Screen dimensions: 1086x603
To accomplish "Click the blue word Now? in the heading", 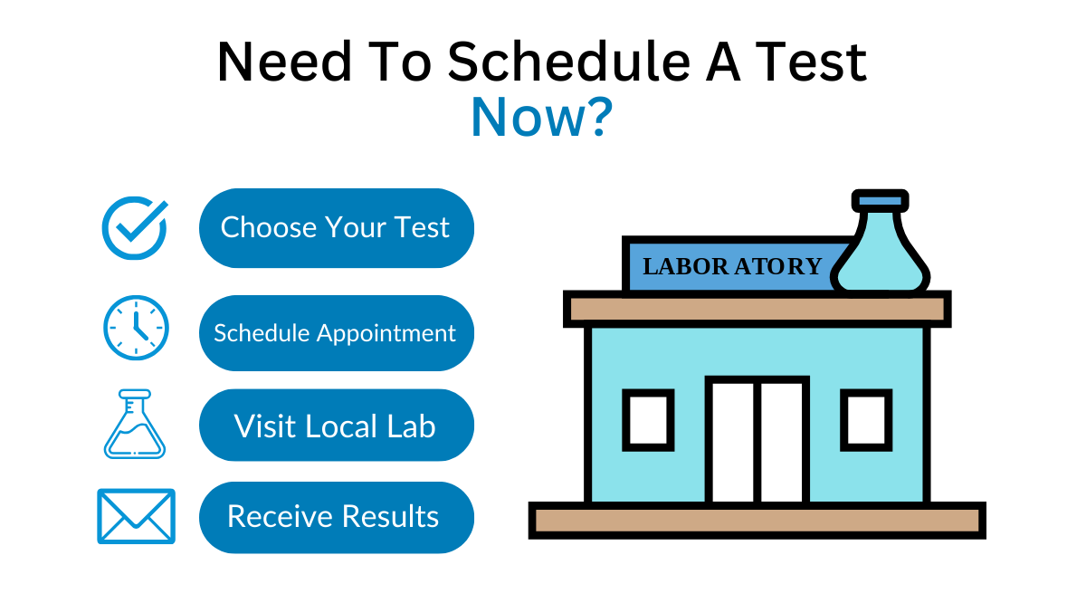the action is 542,117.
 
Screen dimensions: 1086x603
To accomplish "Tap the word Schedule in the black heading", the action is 568,62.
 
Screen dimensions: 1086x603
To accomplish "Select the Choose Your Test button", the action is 337,227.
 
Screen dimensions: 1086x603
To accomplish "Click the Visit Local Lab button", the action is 337,425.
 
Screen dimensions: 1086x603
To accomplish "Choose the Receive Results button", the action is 337,517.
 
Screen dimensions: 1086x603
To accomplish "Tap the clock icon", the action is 137,328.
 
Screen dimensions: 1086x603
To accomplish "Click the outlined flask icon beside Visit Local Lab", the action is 135,424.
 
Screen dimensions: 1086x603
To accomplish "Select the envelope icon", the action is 137,516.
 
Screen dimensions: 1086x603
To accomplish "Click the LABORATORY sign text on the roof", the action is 732,266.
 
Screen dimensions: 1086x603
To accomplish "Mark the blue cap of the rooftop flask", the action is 881,201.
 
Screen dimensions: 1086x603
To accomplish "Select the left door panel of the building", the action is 732,443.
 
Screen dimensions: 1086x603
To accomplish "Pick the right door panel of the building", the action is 782,443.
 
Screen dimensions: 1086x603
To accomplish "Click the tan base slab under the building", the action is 757,521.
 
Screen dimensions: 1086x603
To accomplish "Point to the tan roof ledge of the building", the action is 757,309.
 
